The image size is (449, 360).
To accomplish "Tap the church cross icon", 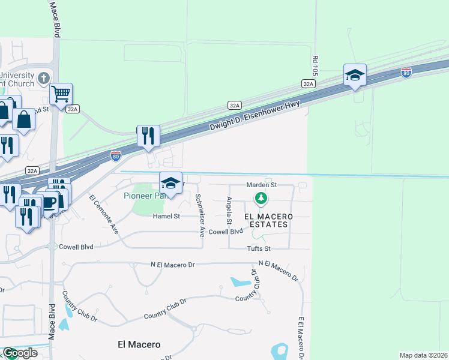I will [x=43, y=78].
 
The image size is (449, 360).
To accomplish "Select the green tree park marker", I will [x=261, y=197].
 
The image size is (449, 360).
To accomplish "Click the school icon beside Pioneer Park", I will [x=170, y=183].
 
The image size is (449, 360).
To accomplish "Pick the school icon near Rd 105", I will [x=355, y=75].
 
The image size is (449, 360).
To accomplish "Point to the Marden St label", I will [x=261, y=185].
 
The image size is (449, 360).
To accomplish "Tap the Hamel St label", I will [x=166, y=216].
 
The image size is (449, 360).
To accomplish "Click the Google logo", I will [x=19, y=353].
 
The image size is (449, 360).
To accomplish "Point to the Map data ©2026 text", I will [x=423, y=355].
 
